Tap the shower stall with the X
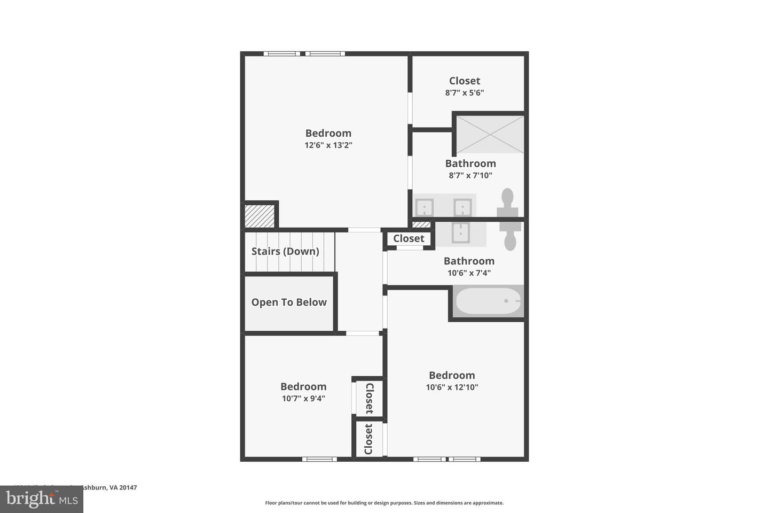pyautogui.click(x=490, y=134)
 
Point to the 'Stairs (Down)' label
pyautogui.click(x=285, y=251)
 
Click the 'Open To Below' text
pyautogui.click(x=289, y=302)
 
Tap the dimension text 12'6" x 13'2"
pyautogui.click(x=328, y=145)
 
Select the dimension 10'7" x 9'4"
pyautogui.click(x=303, y=398)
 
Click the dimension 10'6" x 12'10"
pyautogui.click(x=452, y=387)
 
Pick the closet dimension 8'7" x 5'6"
pyautogui.click(x=465, y=92)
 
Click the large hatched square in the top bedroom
pyautogui.click(x=259, y=216)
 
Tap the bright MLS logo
pyautogui.click(x=41, y=499)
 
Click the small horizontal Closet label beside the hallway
pyautogui.click(x=409, y=238)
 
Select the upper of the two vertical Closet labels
pyautogui.click(x=368, y=398)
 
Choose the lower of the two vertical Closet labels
pyautogui.click(x=368, y=439)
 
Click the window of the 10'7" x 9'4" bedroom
pyautogui.click(x=319, y=459)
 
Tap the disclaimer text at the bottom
pyautogui.click(x=384, y=503)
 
